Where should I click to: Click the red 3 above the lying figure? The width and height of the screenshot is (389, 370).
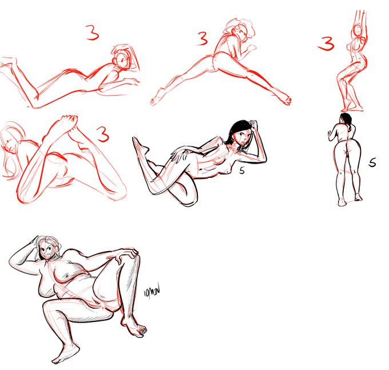(x=93, y=33)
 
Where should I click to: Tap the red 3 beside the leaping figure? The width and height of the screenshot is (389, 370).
(x=201, y=39)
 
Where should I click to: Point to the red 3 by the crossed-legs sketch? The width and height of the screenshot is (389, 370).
(x=102, y=135)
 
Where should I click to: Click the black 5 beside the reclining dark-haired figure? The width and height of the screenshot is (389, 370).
(x=243, y=170)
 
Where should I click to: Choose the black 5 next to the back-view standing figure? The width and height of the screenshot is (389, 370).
(x=372, y=163)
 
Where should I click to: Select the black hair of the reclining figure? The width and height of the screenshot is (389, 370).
(x=239, y=129)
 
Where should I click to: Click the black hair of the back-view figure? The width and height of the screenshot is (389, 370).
(x=345, y=118)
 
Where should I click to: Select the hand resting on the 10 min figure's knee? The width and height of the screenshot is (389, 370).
(x=126, y=257)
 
